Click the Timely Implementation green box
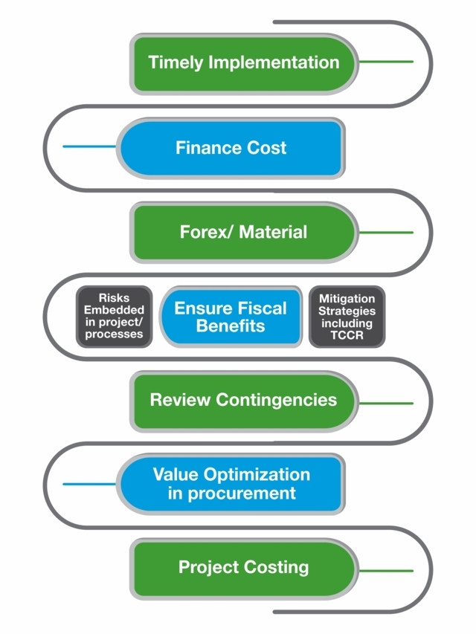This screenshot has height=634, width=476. (244, 62)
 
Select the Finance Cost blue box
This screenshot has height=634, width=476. (231, 148)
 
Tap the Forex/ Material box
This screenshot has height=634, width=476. (243, 232)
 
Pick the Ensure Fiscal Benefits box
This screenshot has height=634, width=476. (231, 317)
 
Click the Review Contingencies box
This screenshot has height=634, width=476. (243, 401)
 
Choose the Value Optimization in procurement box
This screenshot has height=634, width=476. (231, 485)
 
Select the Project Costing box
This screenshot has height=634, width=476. (243, 569)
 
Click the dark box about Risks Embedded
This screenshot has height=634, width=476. (114, 317)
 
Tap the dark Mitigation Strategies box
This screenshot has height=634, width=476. (347, 317)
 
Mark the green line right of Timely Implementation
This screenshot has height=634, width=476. (385, 62)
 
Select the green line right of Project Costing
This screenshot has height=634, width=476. (385, 571)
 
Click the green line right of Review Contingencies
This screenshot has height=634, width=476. (385, 403)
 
